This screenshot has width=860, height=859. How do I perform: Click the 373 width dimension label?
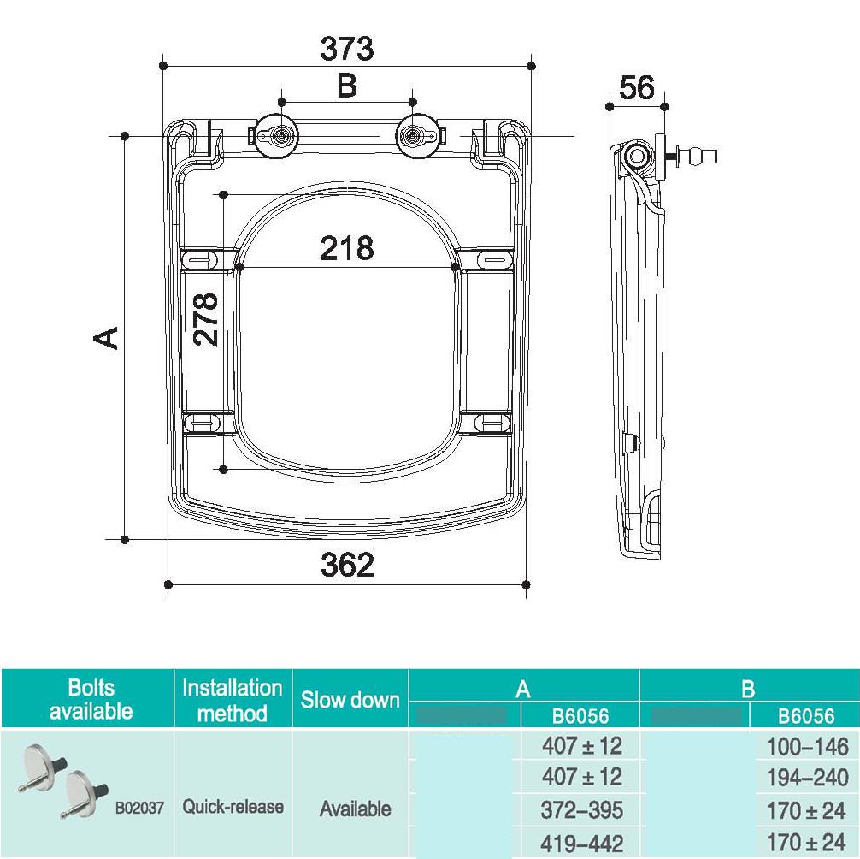coord(346,49)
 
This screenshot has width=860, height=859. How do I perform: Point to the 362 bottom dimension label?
coord(347,564)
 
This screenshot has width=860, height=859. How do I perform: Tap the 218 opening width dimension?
coord(346,248)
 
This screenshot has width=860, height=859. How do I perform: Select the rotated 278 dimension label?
coord(206,319)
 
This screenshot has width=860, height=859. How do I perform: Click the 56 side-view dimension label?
coord(637,88)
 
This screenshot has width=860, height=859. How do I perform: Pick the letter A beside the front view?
coord(106,338)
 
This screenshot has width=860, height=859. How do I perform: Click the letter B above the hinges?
coord(346,86)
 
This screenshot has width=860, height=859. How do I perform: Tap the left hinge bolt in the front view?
coord(280,136)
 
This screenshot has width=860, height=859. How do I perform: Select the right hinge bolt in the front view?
coord(414,136)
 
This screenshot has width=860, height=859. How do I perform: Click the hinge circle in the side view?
coord(638,157)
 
